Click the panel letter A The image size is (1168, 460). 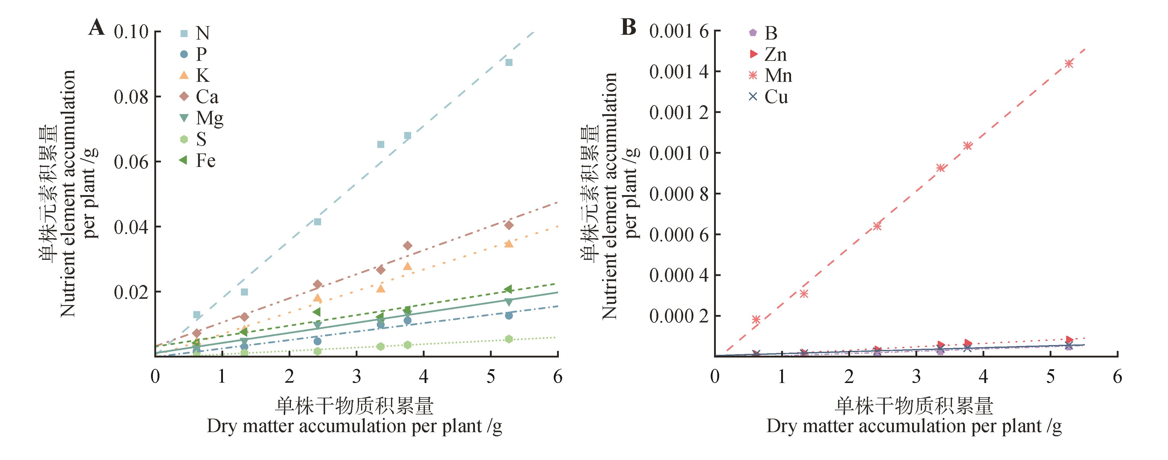pyautogui.click(x=96, y=28)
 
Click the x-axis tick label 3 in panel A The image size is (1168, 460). pyautogui.click(x=356, y=376)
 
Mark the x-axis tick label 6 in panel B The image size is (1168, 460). pyautogui.click(x=1117, y=376)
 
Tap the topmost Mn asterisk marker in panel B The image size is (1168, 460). pyautogui.click(x=1069, y=64)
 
